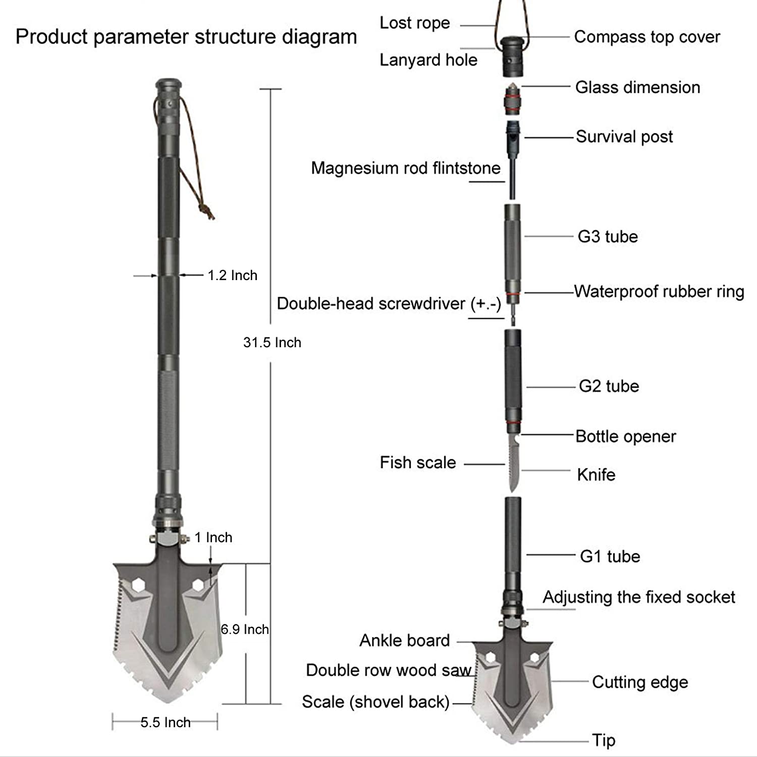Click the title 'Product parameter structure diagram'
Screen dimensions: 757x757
(x=186, y=37)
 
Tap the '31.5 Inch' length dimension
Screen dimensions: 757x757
(x=272, y=342)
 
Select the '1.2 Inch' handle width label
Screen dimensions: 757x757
(x=232, y=275)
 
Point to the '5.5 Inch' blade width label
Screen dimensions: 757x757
(x=166, y=722)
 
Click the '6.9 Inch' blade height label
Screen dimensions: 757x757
(x=245, y=629)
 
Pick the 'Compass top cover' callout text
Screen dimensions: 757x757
(x=647, y=37)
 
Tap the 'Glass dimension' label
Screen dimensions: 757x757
(x=637, y=87)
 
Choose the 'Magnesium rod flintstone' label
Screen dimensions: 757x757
(x=406, y=168)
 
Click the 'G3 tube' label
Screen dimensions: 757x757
(x=608, y=236)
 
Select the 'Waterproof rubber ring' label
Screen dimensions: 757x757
(x=659, y=291)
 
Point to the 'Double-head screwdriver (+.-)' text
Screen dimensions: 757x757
(x=389, y=303)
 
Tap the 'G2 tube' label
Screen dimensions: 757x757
(x=609, y=386)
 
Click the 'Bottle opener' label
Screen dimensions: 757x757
(x=625, y=437)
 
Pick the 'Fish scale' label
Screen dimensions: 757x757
(x=417, y=462)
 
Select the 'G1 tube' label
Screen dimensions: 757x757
(x=610, y=556)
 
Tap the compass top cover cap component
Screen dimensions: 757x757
(x=512, y=53)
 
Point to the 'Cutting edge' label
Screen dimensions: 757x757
(x=640, y=682)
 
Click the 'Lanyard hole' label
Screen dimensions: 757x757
(x=428, y=60)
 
